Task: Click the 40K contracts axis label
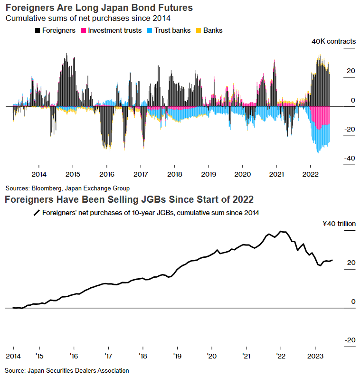click(x=333, y=41)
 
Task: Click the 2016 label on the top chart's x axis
click(x=107, y=174)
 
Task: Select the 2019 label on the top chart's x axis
click(x=208, y=174)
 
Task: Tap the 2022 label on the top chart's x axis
click(x=310, y=174)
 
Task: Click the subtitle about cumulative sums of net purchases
click(x=87, y=19)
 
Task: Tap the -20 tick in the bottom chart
click(x=350, y=340)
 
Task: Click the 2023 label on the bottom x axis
click(x=314, y=356)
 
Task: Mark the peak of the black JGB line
click(x=281, y=231)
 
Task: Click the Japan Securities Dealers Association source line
click(x=66, y=370)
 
